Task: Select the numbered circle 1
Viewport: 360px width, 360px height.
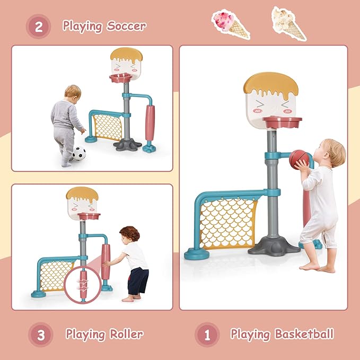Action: [207, 335]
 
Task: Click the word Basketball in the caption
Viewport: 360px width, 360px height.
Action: [304, 334]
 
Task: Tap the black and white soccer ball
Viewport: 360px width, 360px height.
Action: [78, 153]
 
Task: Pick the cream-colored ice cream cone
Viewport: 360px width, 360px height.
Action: [288, 22]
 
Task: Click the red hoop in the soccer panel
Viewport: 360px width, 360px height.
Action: [121, 79]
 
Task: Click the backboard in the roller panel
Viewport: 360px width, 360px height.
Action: [82, 200]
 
